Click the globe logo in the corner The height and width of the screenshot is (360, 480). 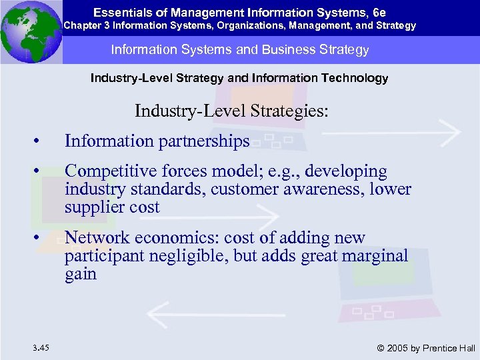[x=31, y=31]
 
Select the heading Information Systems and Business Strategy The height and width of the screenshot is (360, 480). [x=240, y=50]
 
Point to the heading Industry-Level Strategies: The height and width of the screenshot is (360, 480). [x=231, y=110]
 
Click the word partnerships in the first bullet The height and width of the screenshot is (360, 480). [x=203, y=141]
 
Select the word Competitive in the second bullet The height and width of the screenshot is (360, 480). [x=107, y=171]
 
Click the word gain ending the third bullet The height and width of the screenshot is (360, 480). [x=81, y=274]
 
